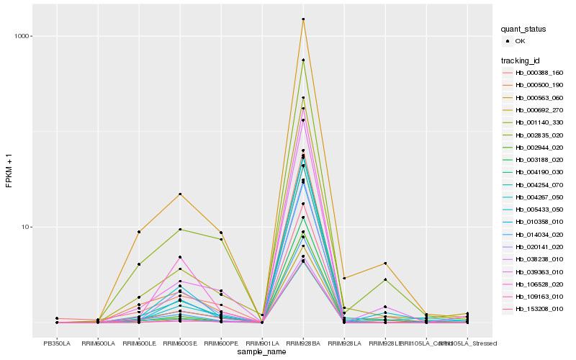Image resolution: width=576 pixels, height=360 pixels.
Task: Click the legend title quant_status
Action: click(524, 29)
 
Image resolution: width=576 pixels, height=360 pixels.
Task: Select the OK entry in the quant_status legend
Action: click(520, 41)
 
